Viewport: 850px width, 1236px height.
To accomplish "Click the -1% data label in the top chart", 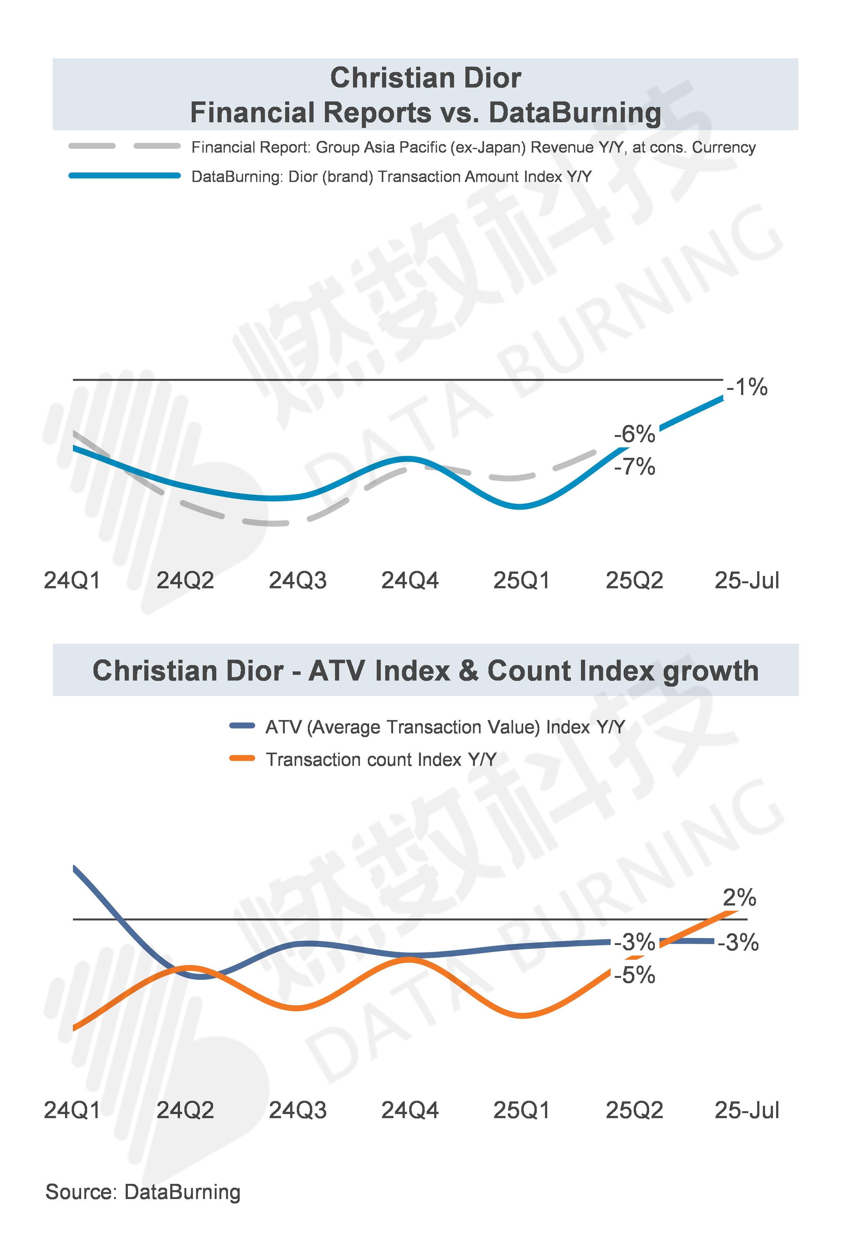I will tap(747, 387).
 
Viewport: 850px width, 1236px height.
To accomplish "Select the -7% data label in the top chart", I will tap(634, 467).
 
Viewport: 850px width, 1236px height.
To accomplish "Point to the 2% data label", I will tap(739, 898).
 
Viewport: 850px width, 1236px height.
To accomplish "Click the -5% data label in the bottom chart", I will tap(634, 975).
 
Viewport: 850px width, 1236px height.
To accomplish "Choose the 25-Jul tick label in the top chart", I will tap(747, 580).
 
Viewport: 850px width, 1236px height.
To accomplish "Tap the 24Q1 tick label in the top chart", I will tap(72, 580).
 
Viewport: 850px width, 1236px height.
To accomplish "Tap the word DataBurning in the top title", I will tap(575, 113).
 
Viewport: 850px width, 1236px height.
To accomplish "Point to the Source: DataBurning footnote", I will tap(143, 1192).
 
